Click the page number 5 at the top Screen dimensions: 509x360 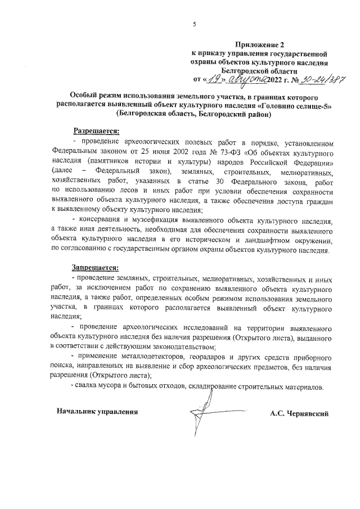coord(193,24)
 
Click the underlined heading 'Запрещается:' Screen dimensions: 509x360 coord(95,267)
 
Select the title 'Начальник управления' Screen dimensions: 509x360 coord(97,412)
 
